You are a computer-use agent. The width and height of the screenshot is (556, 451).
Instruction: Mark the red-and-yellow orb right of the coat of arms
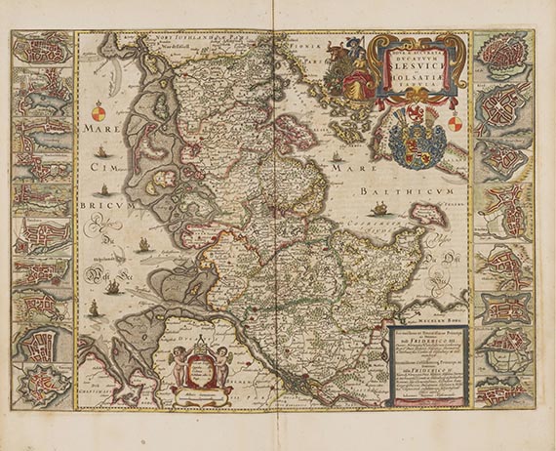[x=455, y=123]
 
